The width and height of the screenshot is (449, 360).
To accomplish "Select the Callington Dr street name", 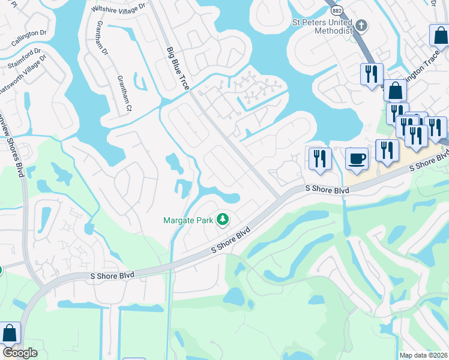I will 29,37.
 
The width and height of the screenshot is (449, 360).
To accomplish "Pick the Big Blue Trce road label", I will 178,70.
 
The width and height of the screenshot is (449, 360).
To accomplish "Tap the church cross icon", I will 361,26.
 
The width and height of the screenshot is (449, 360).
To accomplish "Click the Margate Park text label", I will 188,220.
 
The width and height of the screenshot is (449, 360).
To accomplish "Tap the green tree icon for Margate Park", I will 223,220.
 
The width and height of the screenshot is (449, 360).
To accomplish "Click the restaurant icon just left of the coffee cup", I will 320,159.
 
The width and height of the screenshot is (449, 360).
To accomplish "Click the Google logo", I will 20,353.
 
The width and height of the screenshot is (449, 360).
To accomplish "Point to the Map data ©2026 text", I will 424,355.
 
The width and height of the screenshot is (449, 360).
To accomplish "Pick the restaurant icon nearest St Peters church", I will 372,74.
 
